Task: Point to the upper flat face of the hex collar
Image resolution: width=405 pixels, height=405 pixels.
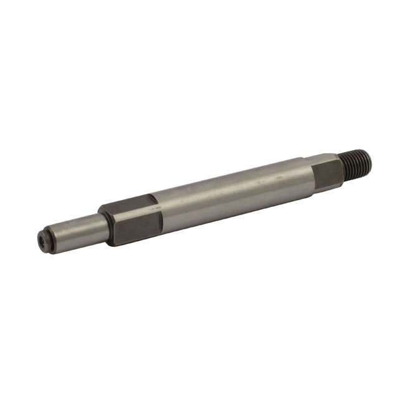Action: tap(128, 204)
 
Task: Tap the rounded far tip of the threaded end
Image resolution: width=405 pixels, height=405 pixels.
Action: tap(370, 161)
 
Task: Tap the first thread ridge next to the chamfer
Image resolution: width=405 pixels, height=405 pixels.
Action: tap(346, 168)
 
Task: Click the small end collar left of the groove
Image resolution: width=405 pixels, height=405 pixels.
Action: tap(46, 239)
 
